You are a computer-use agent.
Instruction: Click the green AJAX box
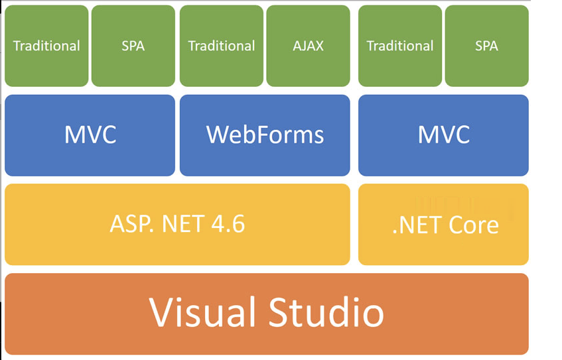[x=308, y=46]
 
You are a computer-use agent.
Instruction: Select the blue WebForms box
[x=265, y=135]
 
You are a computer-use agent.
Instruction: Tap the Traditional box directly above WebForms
[x=221, y=46]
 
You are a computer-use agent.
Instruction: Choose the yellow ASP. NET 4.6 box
[x=177, y=224]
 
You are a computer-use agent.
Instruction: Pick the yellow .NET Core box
[x=443, y=224]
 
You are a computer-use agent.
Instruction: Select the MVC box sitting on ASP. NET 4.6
[x=90, y=135]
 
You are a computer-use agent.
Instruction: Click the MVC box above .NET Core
[x=443, y=135]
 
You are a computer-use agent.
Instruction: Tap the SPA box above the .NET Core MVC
[x=486, y=46]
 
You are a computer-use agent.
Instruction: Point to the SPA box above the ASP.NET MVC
[x=133, y=46]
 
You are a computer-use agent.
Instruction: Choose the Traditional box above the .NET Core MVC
[x=400, y=46]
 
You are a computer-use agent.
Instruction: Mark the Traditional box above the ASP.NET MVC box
[x=46, y=46]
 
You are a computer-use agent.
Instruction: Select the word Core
[x=474, y=225]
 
